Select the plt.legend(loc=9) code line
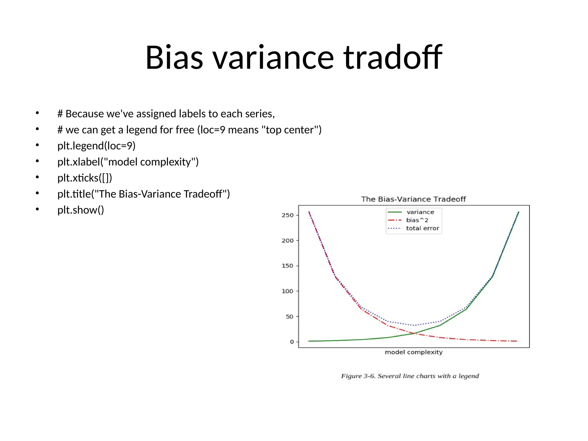pos(96,146)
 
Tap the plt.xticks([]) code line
pos(84,178)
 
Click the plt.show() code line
pos(80,210)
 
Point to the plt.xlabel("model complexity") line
pos(128,162)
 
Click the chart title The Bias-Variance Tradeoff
pos(413,199)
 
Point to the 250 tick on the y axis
pos(287,215)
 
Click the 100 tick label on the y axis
pos(287,291)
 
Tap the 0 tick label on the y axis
pos(292,342)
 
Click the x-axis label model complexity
pos(413,352)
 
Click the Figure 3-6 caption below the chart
pos(410,376)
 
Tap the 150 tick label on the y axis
pos(287,266)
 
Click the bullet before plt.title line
pos(37,194)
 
